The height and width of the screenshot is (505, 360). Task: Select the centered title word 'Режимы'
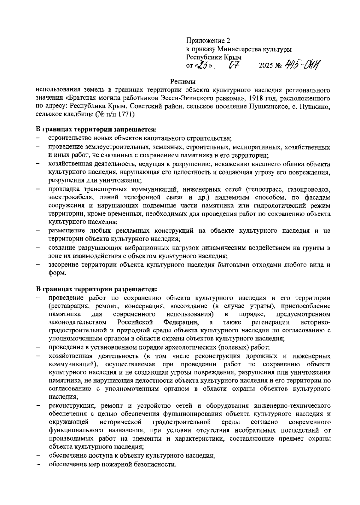183,81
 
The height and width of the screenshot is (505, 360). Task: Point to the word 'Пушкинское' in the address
265,106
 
